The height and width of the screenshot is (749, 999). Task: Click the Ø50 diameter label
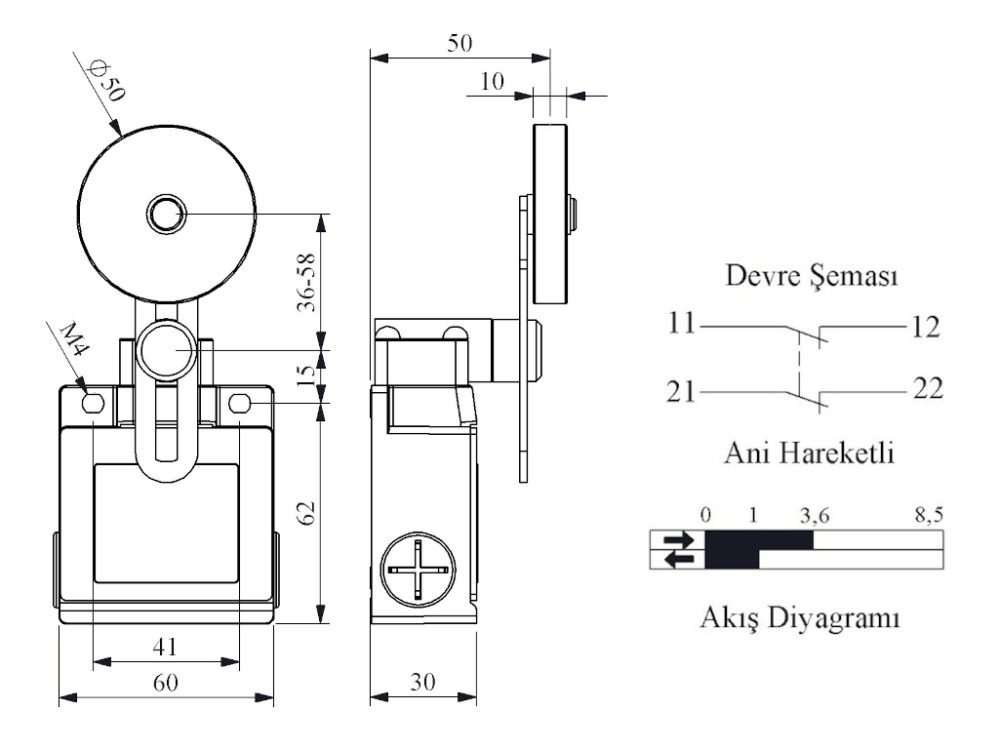tap(106, 83)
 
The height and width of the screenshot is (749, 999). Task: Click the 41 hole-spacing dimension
tap(165, 646)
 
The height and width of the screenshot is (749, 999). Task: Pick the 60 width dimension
tap(165, 682)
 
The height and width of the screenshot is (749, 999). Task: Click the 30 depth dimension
tap(422, 682)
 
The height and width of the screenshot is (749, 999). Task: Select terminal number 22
tap(928, 389)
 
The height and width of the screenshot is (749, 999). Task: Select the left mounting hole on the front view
tap(94, 404)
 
